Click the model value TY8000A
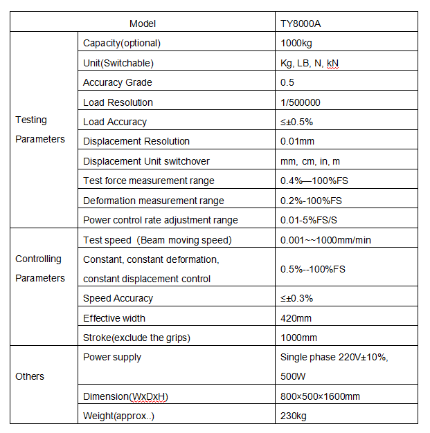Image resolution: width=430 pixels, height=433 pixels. [301, 24]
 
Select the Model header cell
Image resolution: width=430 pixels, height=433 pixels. [143, 24]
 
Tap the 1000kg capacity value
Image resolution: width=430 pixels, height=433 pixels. [298, 43]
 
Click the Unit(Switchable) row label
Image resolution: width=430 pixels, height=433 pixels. [118, 63]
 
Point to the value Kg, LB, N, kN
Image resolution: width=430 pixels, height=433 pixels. [309, 63]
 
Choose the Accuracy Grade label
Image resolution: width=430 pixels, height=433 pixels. [118, 82]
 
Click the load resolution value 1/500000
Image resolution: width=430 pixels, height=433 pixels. [301, 102]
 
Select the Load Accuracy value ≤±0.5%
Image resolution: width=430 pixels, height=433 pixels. [296, 122]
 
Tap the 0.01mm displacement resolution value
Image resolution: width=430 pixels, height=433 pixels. [298, 141]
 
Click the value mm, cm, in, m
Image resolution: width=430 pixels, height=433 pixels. [310, 161]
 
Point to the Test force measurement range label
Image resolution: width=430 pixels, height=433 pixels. [149, 181]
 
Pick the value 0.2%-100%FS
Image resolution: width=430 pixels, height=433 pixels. [312, 201]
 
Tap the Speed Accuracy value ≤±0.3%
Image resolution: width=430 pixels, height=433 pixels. [296, 298]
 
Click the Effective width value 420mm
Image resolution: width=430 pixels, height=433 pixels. [296, 318]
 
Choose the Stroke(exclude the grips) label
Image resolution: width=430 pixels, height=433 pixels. [136, 338]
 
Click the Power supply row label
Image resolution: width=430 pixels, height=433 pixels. [112, 357]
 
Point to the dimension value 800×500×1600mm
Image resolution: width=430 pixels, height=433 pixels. [320, 396]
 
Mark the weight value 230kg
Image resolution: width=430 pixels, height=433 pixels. [293, 416]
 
